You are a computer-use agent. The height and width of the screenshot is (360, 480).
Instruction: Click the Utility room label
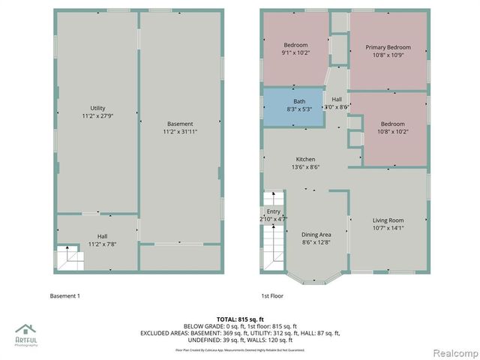[x=97, y=109]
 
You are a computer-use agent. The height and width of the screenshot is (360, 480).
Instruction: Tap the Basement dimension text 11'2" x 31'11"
[x=180, y=132]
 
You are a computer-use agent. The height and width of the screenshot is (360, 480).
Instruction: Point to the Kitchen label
[x=305, y=159]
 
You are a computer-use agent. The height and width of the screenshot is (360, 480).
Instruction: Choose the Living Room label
[x=388, y=220]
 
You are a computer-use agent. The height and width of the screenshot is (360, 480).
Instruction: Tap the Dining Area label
[x=316, y=235]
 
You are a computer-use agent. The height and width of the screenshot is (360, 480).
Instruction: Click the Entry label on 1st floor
[x=273, y=212]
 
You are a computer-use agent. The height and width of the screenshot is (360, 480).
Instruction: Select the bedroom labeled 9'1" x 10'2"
[x=295, y=49]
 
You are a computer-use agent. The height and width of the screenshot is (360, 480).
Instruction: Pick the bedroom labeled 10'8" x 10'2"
[x=392, y=128]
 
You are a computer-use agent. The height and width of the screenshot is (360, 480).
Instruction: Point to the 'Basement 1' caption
[x=64, y=296]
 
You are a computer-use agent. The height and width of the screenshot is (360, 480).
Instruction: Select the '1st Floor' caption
[x=273, y=296]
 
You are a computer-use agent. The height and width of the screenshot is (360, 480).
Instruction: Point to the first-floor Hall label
[x=337, y=99]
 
